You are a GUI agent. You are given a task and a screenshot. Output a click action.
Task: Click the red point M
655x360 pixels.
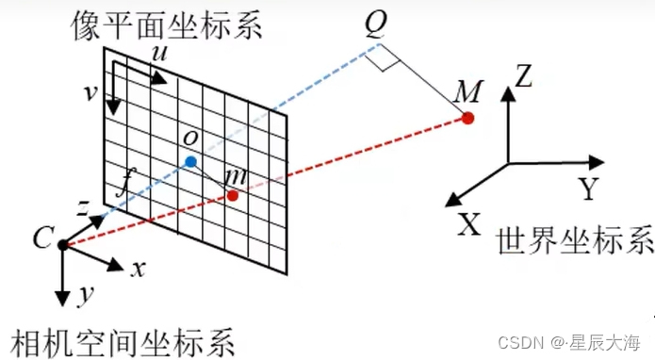click(467, 118)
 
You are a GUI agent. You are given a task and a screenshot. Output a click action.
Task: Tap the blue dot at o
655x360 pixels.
click(190, 162)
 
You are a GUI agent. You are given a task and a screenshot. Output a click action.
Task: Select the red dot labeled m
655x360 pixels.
click(233, 195)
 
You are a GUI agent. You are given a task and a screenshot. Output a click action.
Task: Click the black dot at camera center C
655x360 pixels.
click(62, 245)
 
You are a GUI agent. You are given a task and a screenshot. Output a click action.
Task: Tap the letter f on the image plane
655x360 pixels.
click(121, 185)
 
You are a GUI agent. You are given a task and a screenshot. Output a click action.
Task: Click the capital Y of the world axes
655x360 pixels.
click(589, 190)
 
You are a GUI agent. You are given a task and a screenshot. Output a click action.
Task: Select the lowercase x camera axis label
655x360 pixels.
click(138, 269)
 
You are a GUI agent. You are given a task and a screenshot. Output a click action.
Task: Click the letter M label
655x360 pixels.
click(467, 91)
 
